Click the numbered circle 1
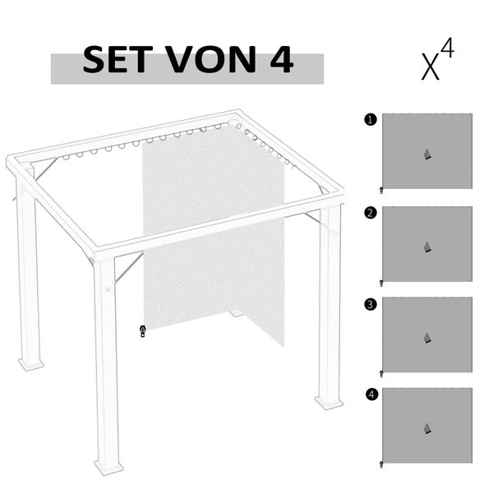click(371, 120)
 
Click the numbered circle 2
click(371, 213)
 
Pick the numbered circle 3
click(371, 304)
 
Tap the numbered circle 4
click(371, 395)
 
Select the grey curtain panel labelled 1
click(427, 151)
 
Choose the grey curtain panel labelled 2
click(427, 243)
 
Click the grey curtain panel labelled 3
click(427, 334)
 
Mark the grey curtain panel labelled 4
click(427, 426)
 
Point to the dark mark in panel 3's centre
click(427, 338)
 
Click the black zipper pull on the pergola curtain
click(143, 330)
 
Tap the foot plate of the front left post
click(108, 467)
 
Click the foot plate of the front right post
click(329, 402)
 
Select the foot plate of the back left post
click(31, 362)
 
